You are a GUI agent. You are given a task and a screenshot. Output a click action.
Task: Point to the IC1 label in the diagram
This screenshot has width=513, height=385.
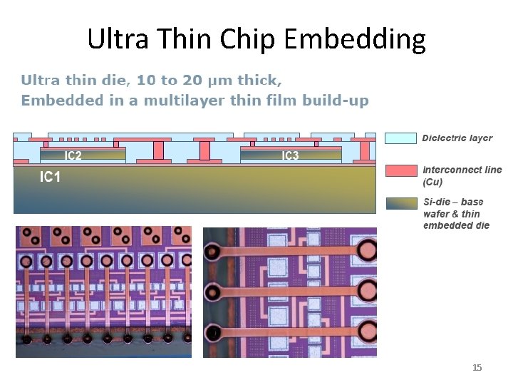50,177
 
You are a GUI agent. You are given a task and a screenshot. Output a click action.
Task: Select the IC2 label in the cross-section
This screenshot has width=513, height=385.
73,155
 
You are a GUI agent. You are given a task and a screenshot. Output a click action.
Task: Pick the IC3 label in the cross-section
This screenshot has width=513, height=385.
290,155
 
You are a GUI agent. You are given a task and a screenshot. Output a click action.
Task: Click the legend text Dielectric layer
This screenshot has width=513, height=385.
457,138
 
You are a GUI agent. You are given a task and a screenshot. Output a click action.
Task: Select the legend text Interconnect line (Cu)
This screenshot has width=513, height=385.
462,175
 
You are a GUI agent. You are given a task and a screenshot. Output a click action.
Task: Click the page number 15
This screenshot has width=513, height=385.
477,367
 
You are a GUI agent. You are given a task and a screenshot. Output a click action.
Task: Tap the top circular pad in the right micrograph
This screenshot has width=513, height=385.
368,250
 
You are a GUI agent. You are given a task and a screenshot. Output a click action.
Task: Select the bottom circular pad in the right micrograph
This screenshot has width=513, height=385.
368,332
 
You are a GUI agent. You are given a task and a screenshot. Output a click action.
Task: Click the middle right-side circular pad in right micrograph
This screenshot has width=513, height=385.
368,290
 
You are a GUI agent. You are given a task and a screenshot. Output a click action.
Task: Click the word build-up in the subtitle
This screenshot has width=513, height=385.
335,101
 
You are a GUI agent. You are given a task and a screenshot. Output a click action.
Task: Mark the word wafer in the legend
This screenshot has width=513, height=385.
435,214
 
